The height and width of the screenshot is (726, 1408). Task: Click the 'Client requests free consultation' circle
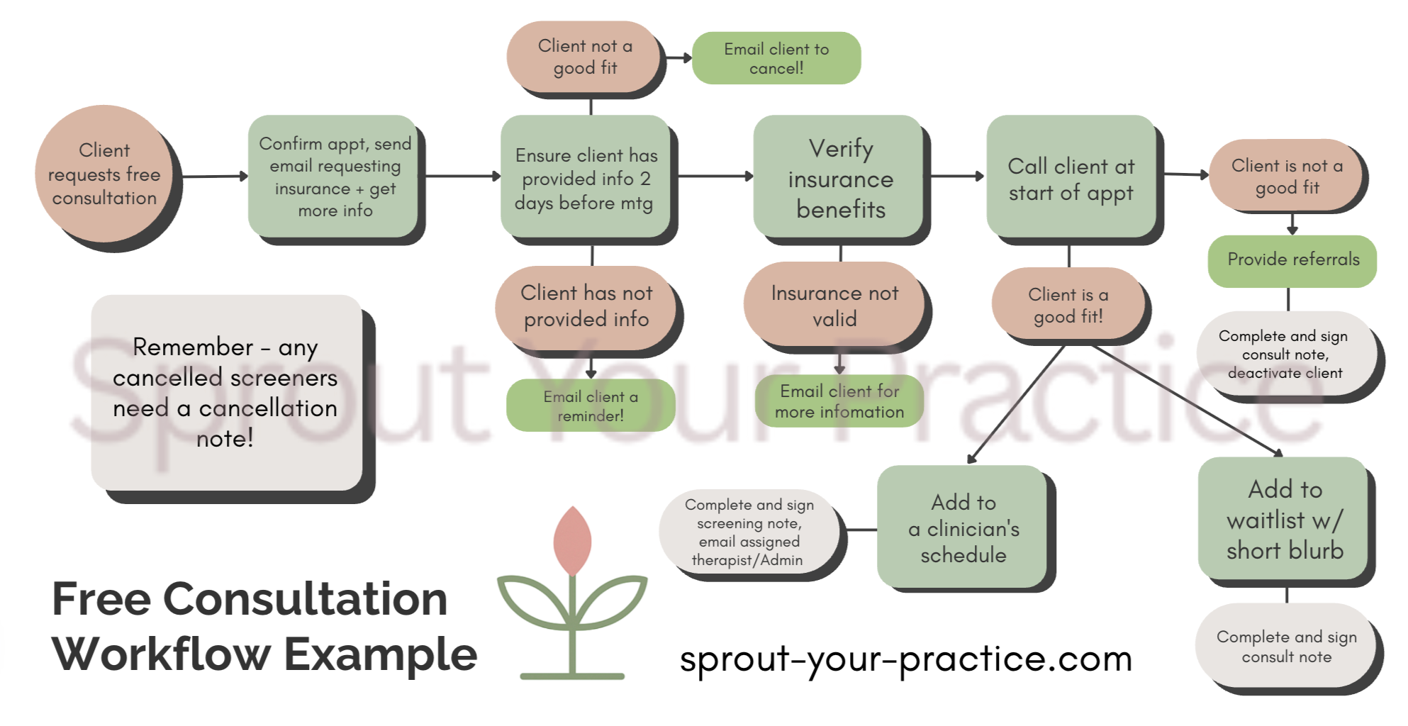click(104, 174)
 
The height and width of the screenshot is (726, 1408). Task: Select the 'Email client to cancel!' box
click(776, 58)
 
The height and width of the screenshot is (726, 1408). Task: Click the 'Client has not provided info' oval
click(586, 306)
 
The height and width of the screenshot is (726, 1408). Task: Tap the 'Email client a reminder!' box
click(590, 406)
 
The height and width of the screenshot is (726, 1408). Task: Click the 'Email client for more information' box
click(839, 401)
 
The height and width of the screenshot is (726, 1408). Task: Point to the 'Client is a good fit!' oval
click(1068, 305)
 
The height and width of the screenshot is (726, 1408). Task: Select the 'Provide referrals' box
click(1292, 260)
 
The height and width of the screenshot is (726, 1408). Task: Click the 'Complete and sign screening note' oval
click(749, 532)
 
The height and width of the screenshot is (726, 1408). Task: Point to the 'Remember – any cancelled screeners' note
click(225, 392)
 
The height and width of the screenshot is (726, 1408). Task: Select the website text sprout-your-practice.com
click(905, 659)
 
